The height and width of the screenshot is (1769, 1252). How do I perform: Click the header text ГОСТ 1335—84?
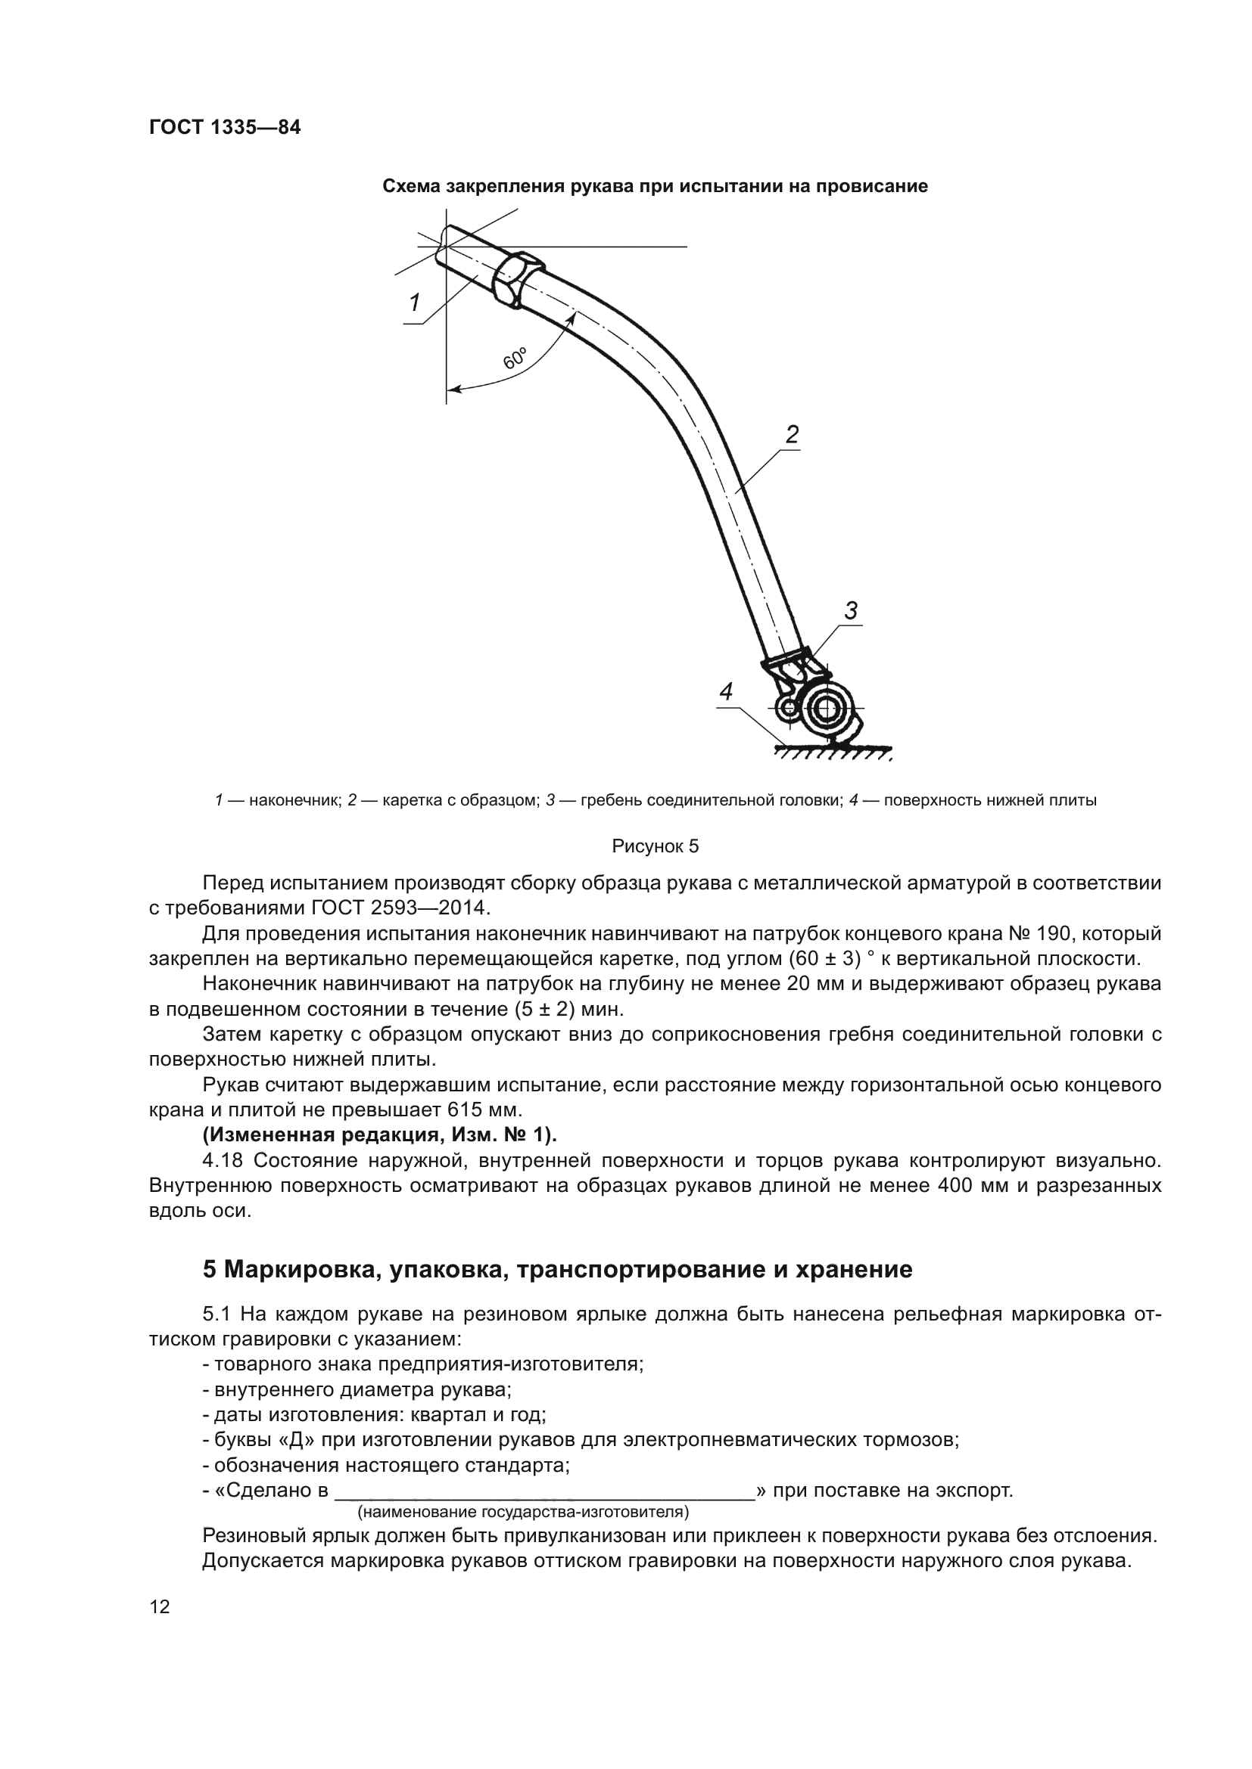(224, 128)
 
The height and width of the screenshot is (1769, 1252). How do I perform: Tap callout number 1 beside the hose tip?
(415, 303)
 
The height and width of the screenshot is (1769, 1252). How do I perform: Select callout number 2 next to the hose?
(792, 435)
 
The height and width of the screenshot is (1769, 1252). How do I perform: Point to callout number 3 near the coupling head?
(850, 611)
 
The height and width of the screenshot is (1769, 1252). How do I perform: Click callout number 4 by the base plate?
(725, 692)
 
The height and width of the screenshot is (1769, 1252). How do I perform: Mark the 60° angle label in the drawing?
(515, 359)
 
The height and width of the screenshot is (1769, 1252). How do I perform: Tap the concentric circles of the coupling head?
(826, 707)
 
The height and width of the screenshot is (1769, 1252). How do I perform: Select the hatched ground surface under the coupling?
(833, 752)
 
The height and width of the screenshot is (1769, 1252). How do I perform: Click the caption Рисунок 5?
(655, 847)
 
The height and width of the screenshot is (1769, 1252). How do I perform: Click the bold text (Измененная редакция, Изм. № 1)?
(379, 1135)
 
